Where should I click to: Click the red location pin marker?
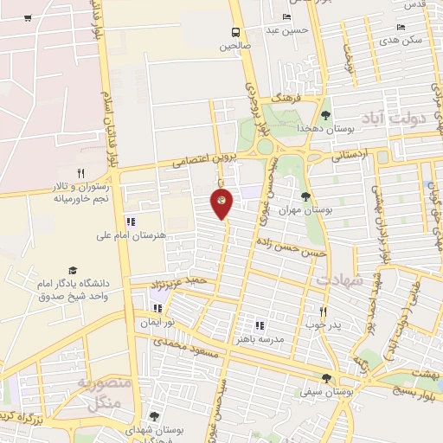click(222, 204)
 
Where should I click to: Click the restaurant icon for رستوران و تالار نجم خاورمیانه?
click(80, 173)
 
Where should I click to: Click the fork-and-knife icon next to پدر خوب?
click(324, 311)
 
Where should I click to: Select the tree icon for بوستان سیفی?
click(325, 377)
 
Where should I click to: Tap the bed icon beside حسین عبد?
click(286, 17)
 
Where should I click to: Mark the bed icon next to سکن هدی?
click(401, 27)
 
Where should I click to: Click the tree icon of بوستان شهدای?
click(154, 416)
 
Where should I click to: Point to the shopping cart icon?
click(28, 18)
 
